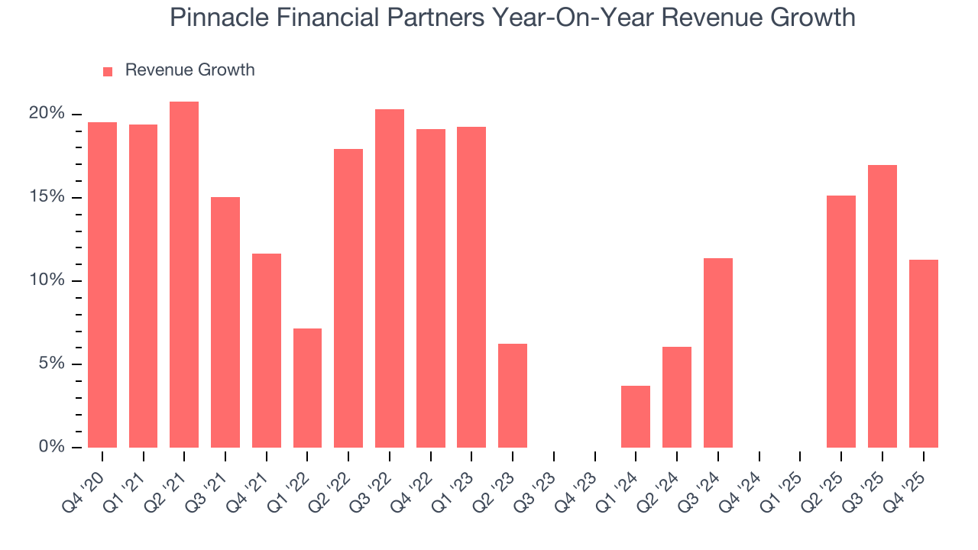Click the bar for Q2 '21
click(x=184, y=274)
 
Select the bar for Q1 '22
click(x=307, y=388)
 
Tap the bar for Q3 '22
click(x=390, y=278)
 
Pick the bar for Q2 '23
click(x=513, y=396)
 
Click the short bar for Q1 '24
click(x=636, y=416)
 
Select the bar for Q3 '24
click(x=718, y=353)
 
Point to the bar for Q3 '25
click(x=882, y=306)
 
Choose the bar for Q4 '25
click(x=924, y=354)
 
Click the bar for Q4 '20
click(x=102, y=285)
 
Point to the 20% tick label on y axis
click(x=47, y=114)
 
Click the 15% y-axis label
click(x=47, y=197)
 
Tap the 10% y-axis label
click(x=47, y=280)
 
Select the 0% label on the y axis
click(x=51, y=447)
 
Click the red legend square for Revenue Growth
click(x=108, y=71)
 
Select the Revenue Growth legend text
click(x=189, y=70)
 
